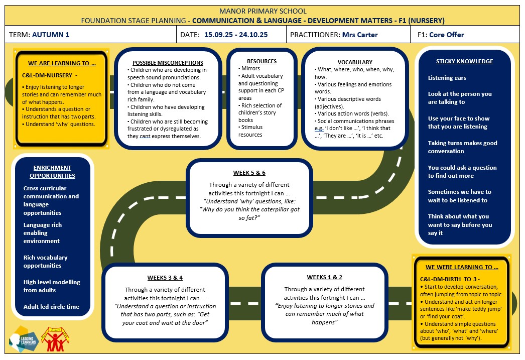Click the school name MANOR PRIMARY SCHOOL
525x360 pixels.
point(262,11)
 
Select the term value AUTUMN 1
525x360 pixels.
point(51,35)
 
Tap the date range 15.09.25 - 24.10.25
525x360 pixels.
point(236,35)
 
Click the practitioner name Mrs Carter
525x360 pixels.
point(360,35)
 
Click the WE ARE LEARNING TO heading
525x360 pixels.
point(62,63)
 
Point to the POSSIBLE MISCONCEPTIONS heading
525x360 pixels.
point(168,63)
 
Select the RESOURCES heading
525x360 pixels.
point(261,61)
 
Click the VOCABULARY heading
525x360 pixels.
point(355,62)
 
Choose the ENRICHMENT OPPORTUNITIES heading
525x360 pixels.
point(52,172)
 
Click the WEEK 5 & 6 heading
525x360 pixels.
point(249,173)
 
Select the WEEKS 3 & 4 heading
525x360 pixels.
point(165,278)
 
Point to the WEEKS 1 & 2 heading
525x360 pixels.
point(324,277)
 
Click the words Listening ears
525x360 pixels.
point(447,78)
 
